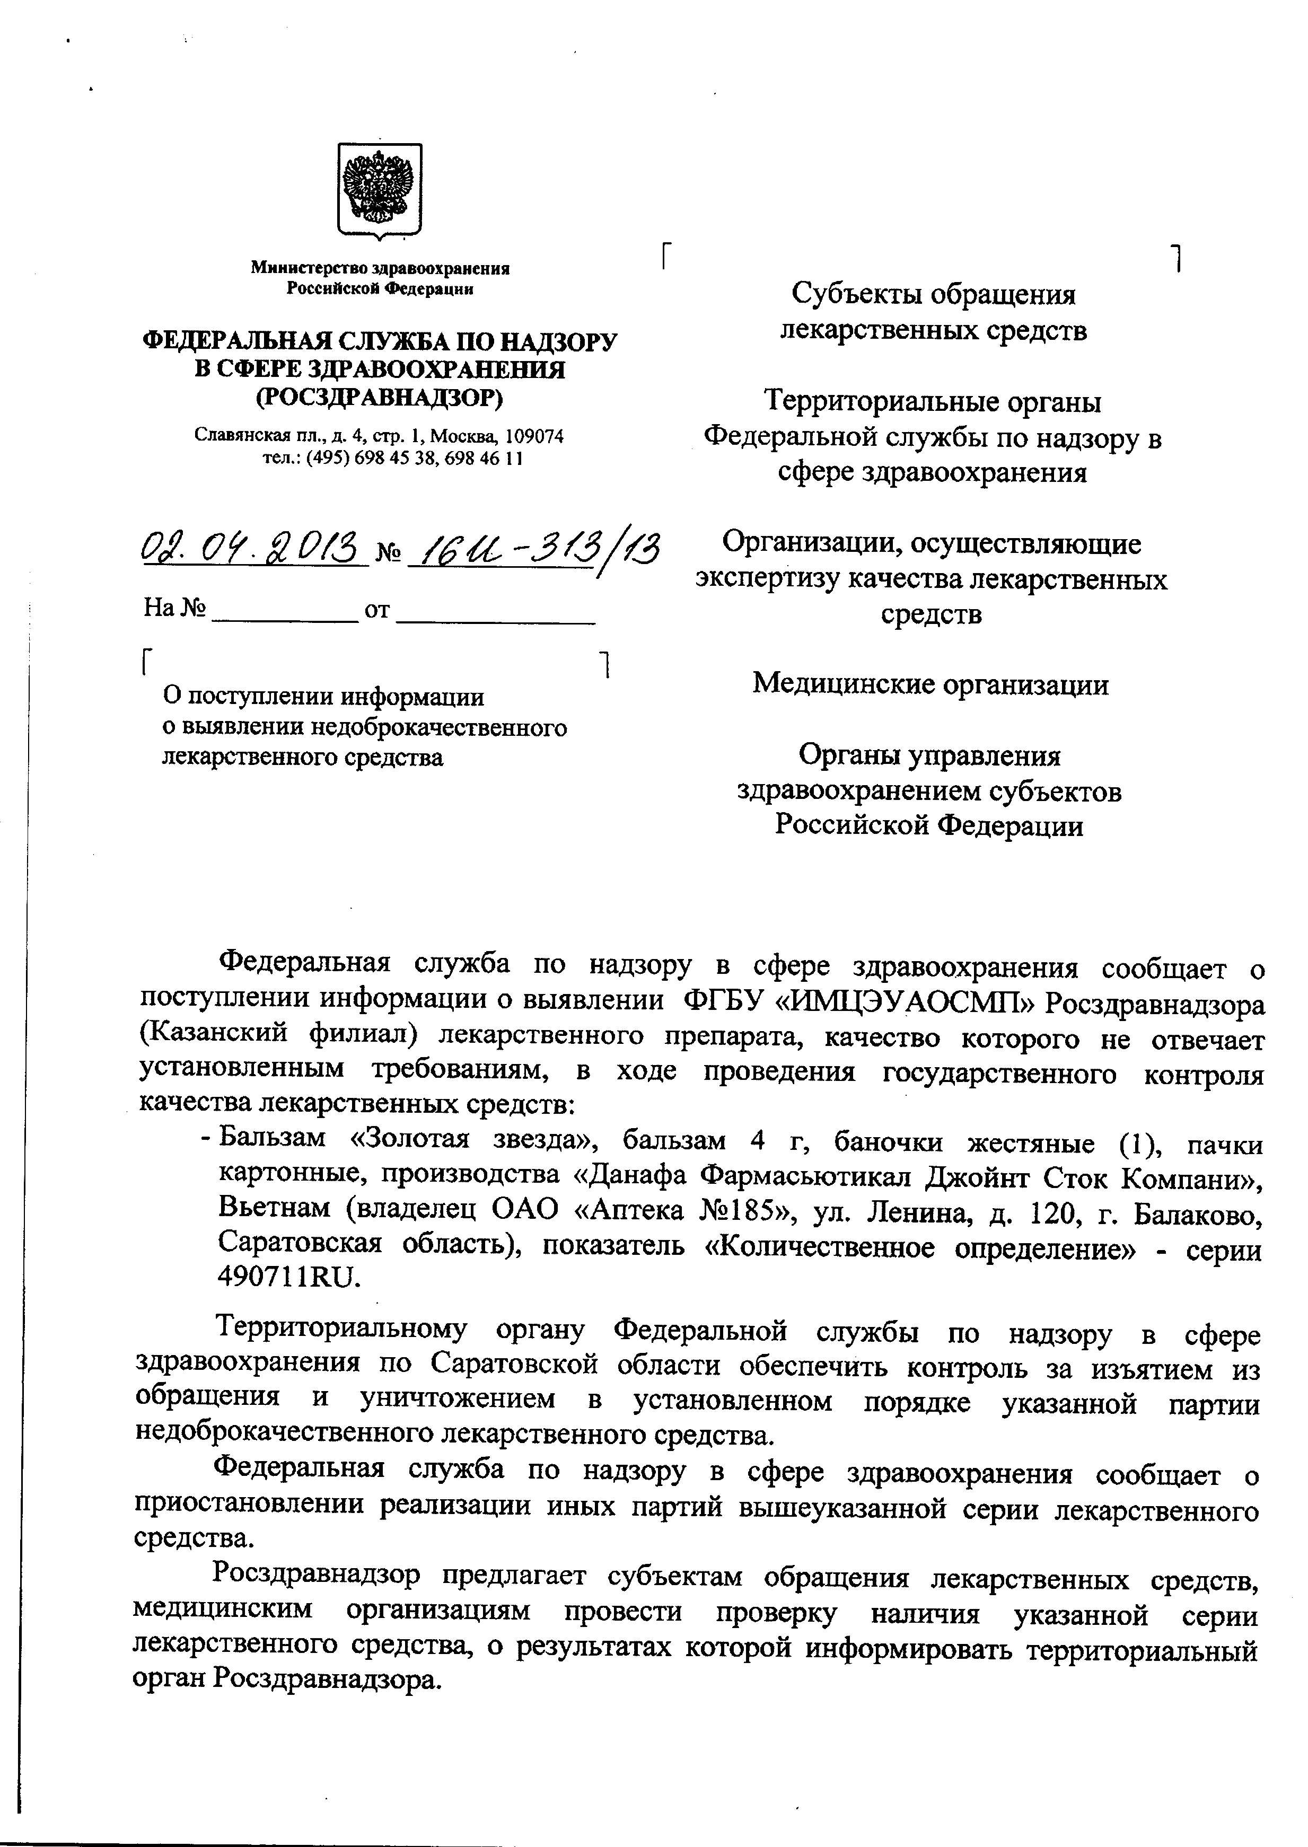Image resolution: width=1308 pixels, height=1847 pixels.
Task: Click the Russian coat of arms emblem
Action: click(x=379, y=191)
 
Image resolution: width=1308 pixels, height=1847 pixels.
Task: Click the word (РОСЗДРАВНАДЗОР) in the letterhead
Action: click(x=379, y=397)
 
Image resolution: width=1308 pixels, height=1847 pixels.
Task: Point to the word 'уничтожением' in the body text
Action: click(x=458, y=1399)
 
